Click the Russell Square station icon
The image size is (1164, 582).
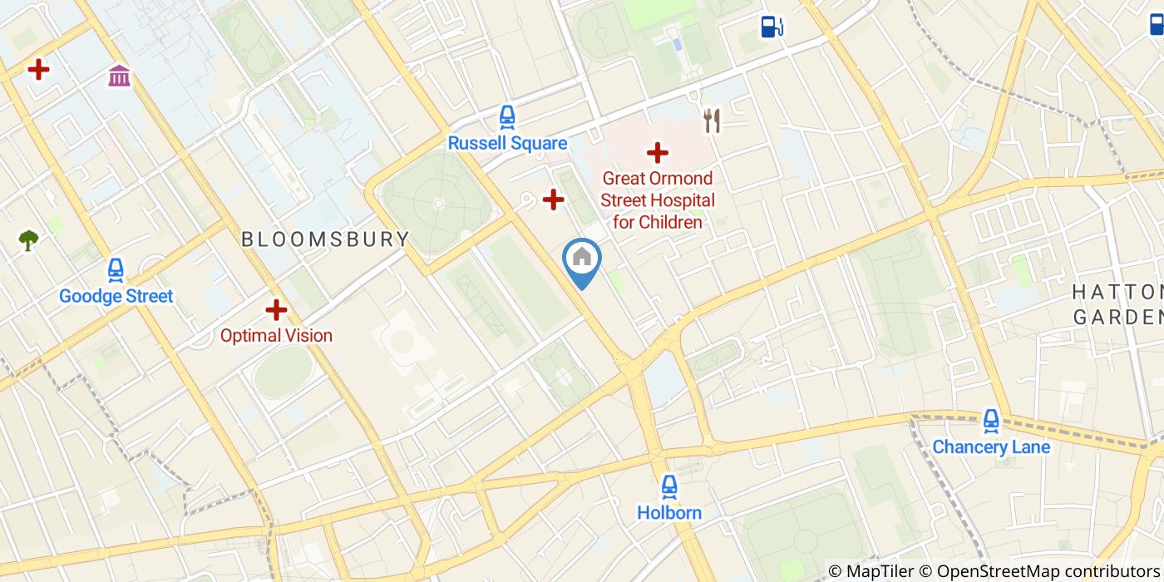click(507, 117)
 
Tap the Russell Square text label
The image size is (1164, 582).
click(507, 143)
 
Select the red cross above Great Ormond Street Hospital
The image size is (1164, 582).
click(658, 152)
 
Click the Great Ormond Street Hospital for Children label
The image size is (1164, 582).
click(658, 200)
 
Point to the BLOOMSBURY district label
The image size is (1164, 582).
click(325, 239)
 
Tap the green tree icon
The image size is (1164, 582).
click(29, 240)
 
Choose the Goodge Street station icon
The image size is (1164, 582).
click(116, 270)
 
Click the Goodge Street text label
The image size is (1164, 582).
click(116, 296)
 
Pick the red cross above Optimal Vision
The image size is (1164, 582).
click(276, 310)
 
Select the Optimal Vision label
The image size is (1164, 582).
click(276, 336)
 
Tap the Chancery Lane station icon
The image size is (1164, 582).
click(990, 421)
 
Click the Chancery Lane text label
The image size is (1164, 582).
click(990, 447)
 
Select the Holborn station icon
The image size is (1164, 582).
click(669, 486)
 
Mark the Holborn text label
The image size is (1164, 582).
click(669, 513)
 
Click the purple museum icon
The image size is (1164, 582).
click(119, 76)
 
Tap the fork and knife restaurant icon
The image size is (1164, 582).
click(711, 121)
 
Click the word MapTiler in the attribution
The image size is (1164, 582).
click(880, 571)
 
